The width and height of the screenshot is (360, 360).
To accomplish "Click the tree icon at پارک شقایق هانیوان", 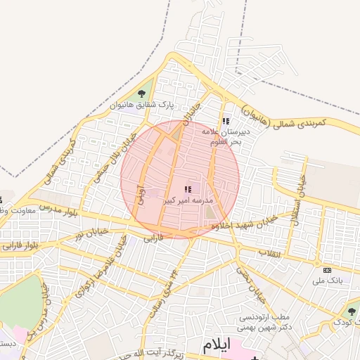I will click(142, 94).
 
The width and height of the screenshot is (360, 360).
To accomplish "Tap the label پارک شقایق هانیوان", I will click(141, 105).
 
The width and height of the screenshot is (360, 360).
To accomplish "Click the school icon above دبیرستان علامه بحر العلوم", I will click(225, 122).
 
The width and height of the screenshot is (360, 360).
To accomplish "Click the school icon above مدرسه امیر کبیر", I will click(188, 188).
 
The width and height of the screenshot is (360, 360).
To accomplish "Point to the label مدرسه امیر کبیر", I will click(187, 200).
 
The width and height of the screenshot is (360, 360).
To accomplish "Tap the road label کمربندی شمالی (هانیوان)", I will click(284, 117).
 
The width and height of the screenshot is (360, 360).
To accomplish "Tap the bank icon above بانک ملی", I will click(327, 270).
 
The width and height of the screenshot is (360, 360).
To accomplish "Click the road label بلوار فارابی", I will click(20, 246).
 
